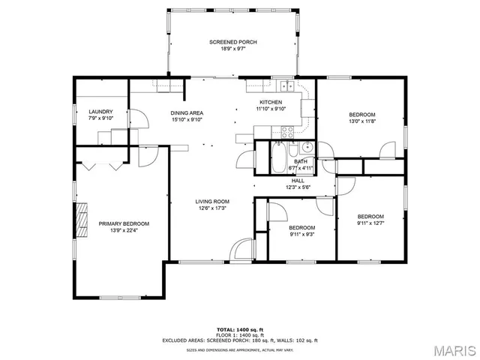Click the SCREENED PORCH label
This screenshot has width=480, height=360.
click(x=233, y=42)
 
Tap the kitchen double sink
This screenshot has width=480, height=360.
click(x=283, y=83)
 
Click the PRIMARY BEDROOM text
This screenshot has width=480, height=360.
click(x=124, y=223)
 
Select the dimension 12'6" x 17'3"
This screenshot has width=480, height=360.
click(x=212, y=208)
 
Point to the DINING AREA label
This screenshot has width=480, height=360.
click(x=187, y=113)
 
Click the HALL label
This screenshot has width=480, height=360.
click(x=298, y=180)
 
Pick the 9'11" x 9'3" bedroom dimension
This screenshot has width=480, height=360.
click(x=302, y=234)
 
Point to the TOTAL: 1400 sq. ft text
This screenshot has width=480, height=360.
click(x=240, y=329)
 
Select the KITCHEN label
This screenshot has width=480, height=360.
click(x=271, y=102)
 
